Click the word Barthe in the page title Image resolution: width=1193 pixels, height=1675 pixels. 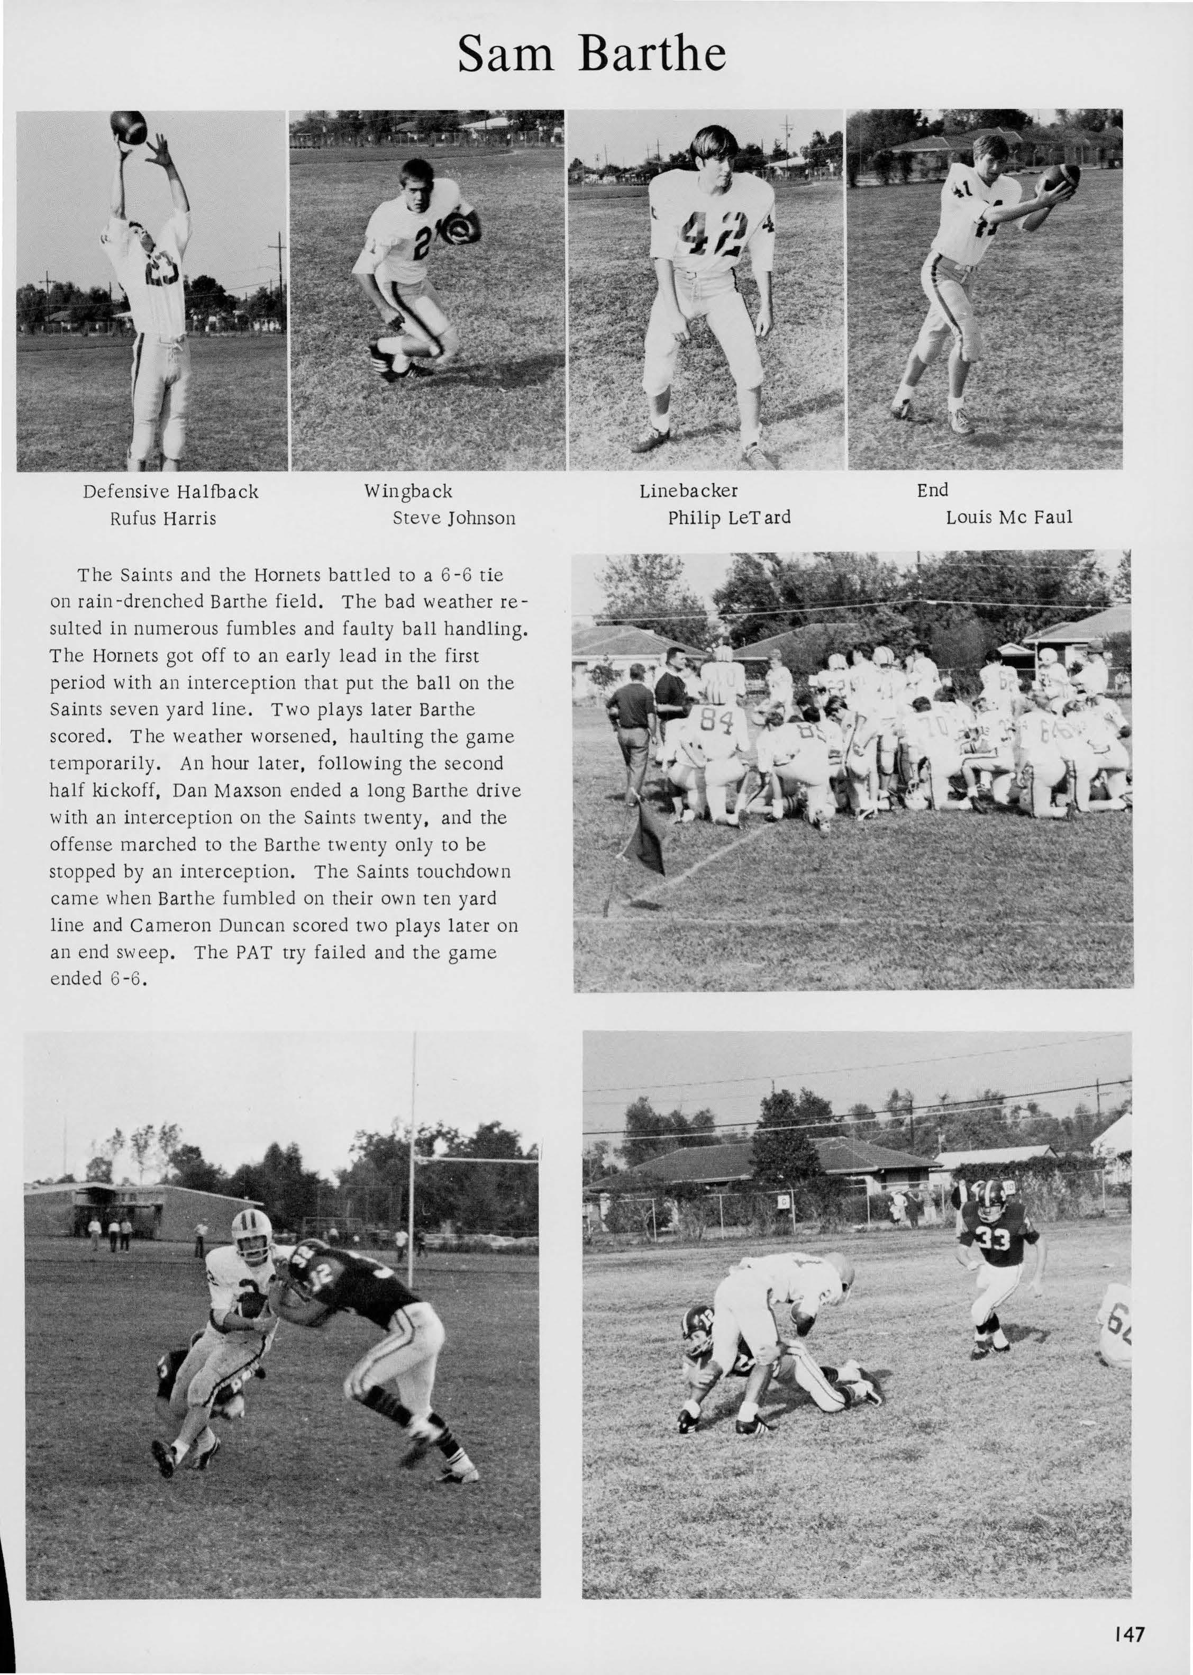[x=652, y=55]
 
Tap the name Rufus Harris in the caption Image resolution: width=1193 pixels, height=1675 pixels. [x=163, y=518]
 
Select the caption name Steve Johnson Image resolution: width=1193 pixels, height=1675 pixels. [x=454, y=518]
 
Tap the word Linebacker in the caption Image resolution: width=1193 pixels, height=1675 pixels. [x=688, y=490]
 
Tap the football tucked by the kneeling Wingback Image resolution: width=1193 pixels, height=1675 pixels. [x=465, y=229]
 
